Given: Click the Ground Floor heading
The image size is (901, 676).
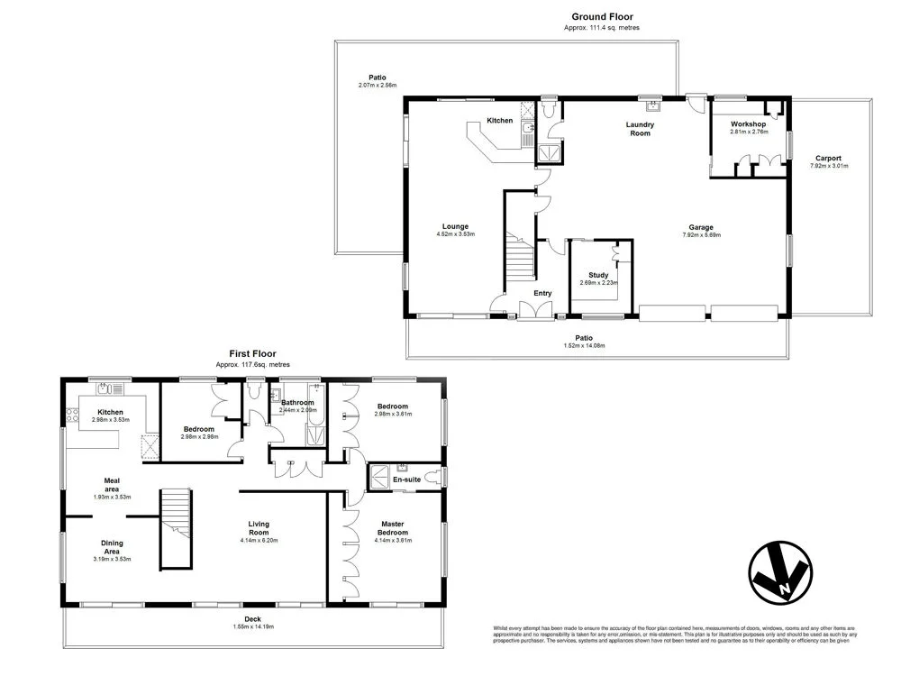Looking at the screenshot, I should (x=603, y=16).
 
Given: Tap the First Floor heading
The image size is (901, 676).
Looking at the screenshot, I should (x=252, y=354).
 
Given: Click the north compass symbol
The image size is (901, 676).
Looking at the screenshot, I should (x=780, y=571).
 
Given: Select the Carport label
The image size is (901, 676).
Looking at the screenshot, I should (x=828, y=158).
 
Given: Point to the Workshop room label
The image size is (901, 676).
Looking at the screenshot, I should (x=748, y=123).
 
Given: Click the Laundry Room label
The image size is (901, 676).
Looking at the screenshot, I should (x=640, y=129).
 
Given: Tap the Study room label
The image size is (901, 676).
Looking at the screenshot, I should (x=598, y=275).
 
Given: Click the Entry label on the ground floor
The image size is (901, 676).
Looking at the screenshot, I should (x=542, y=293).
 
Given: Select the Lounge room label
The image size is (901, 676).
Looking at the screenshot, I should (x=455, y=226).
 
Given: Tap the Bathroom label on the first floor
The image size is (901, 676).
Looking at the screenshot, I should (x=297, y=403).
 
